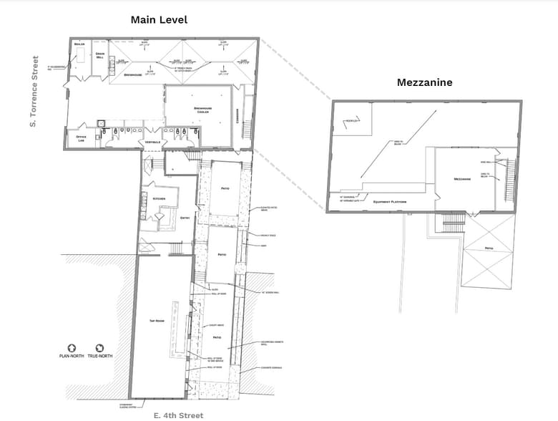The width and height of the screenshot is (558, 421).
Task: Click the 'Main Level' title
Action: [159, 20]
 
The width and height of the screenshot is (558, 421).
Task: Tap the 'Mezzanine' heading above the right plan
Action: [424, 82]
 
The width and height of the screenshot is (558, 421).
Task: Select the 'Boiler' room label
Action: [79, 44]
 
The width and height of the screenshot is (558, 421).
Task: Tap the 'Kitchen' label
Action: [160, 198]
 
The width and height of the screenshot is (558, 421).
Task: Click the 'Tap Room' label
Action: [157, 321]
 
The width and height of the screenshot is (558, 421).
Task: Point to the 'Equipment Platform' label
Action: [391, 202]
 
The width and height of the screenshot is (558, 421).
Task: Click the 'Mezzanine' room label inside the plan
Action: [461, 178]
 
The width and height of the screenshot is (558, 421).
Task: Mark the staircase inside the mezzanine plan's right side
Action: [509, 179]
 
